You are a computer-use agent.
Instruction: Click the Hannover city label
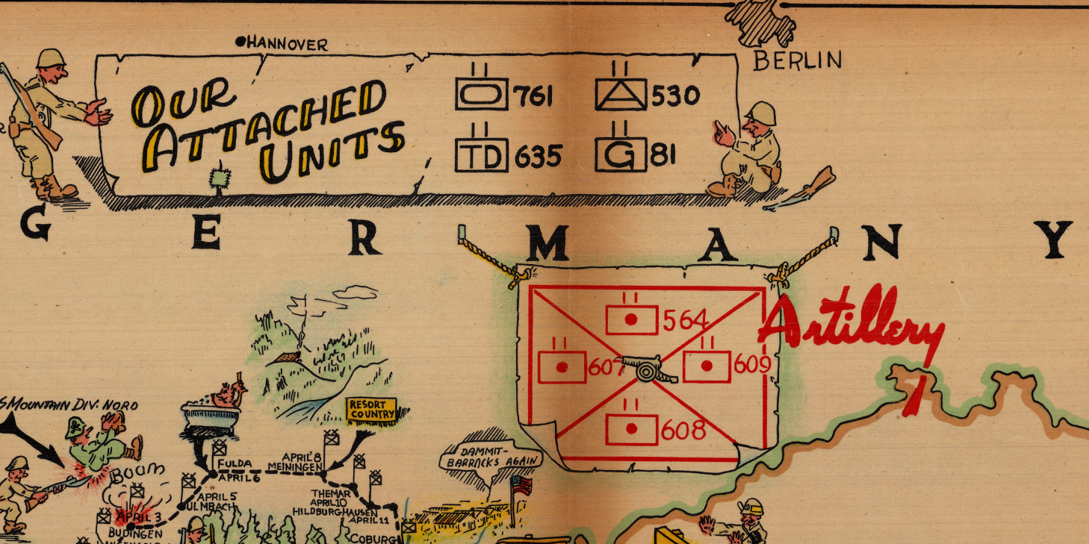(287, 45)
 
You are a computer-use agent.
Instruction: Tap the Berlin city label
(797, 60)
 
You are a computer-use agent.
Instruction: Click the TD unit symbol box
(481, 155)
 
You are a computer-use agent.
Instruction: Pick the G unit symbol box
(621, 155)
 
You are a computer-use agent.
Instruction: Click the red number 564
(686, 320)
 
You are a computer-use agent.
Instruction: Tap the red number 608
(683, 431)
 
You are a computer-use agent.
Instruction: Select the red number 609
(751, 365)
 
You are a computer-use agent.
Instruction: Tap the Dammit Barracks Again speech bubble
(489, 454)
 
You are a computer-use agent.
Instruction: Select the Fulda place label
(235, 463)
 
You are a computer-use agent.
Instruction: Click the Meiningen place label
(300, 463)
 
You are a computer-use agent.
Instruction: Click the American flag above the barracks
(521, 487)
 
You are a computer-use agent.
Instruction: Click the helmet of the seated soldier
(763, 113)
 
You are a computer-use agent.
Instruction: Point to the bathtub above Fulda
(210, 414)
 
